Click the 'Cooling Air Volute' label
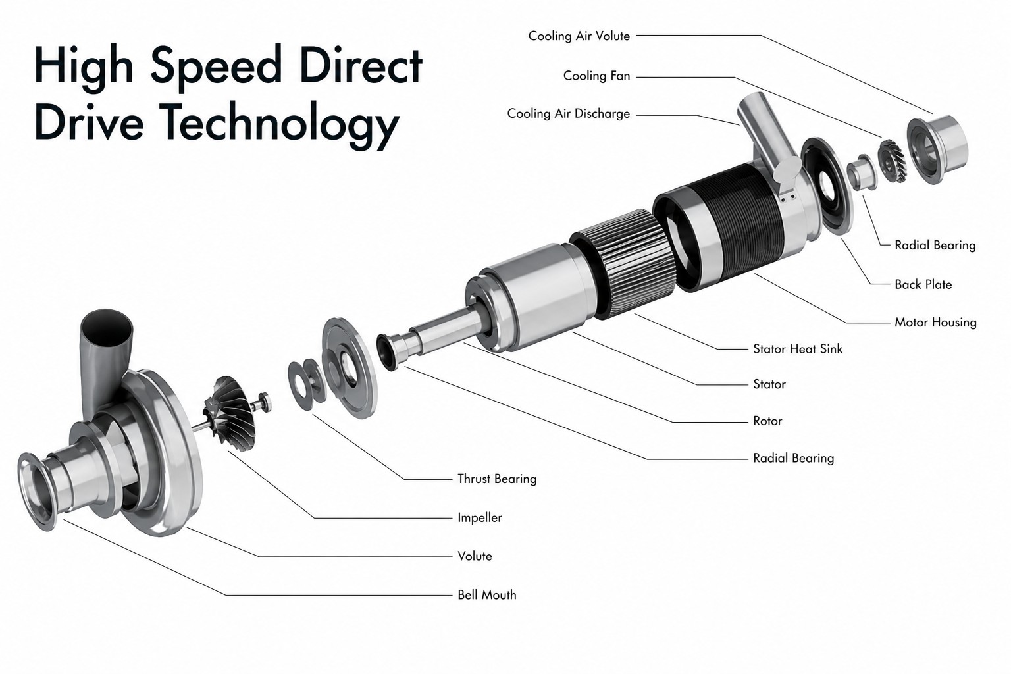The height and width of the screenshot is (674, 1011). (x=579, y=36)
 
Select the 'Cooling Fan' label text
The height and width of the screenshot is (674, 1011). (x=597, y=76)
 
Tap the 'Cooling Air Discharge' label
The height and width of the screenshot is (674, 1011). (x=569, y=113)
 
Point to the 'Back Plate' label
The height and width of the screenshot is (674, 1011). (x=923, y=284)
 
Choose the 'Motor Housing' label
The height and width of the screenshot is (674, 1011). (x=935, y=323)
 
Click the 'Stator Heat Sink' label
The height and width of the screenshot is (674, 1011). (x=798, y=348)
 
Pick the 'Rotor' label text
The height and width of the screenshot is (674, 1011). (x=767, y=421)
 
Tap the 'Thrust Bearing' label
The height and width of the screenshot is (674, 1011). (x=497, y=479)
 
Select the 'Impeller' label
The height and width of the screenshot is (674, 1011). (x=480, y=517)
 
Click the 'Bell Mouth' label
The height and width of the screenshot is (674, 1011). (x=487, y=594)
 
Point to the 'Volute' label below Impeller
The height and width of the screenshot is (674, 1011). (x=475, y=556)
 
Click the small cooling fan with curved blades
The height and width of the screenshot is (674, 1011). (x=891, y=161)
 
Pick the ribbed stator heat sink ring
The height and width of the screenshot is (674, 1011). (x=622, y=263)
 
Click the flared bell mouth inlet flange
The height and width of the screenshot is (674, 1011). (x=36, y=491)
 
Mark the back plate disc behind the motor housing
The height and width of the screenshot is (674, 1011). (x=827, y=186)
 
